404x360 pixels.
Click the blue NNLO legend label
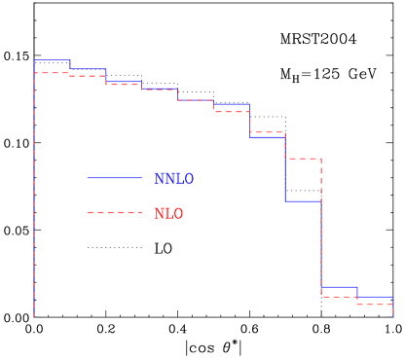[173, 180]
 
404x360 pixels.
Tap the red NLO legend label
[167, 214]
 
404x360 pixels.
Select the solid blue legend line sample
[114, 177]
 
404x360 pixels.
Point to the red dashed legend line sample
[114, 212]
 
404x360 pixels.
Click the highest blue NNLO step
[52, 61]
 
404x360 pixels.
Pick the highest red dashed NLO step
[52, 73]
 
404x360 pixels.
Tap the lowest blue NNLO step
[375, 297]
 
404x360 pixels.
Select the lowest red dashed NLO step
[375, 305]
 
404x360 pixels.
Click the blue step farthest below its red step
[303, 201]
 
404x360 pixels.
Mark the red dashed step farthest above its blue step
[303, 159]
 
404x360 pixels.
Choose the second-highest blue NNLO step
[88, 69]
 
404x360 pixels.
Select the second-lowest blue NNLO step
[339, 287]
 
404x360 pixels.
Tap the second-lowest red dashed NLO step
[339, 296]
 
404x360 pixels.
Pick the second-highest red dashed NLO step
[88, 76]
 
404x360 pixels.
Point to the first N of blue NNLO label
[159, 180]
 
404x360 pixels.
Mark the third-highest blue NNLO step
[124, 82]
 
